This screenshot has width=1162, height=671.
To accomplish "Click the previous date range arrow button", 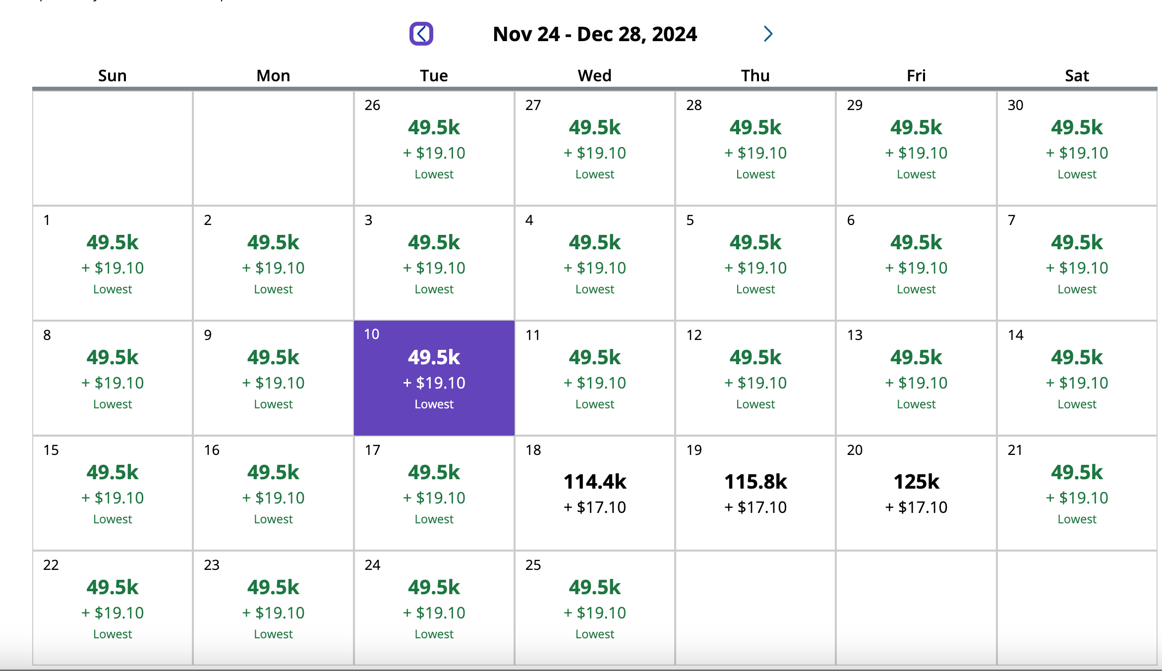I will point(421,34).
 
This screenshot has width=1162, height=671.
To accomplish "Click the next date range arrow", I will point(768,34).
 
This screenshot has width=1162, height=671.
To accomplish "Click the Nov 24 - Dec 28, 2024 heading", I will point(594,34).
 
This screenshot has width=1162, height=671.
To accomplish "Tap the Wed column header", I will point(594,75).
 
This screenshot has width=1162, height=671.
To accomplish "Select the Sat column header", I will point(1077,75).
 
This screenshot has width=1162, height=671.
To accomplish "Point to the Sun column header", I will point(113,75).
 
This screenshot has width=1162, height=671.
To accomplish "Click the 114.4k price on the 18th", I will point(595,481).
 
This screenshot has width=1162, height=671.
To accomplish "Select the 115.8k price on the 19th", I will point(755,481).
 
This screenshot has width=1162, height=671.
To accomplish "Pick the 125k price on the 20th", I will point(916,481).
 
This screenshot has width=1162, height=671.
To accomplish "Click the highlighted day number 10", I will point(372,335).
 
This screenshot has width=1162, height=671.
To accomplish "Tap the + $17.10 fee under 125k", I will point(916,507).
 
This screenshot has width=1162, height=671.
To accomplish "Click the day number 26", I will point(372,105).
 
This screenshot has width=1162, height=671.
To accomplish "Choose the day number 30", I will point(1015,105).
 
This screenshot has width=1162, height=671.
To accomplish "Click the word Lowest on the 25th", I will point(594,634).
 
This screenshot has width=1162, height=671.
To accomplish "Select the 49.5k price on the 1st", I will point(113,242).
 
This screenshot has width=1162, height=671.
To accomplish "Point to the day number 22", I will point(51,565).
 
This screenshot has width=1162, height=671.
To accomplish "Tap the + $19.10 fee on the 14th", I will point(1077,383).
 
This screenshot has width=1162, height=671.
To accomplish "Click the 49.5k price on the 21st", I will point(1077,472).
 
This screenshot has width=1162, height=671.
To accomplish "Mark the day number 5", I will point(690,220).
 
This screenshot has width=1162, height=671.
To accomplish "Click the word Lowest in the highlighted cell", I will point(434,404).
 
